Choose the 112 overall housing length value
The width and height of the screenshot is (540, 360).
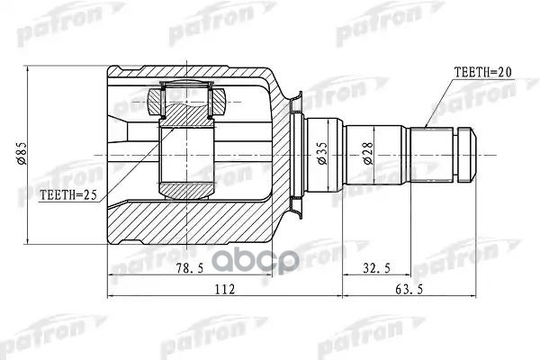(x=225, y=289)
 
